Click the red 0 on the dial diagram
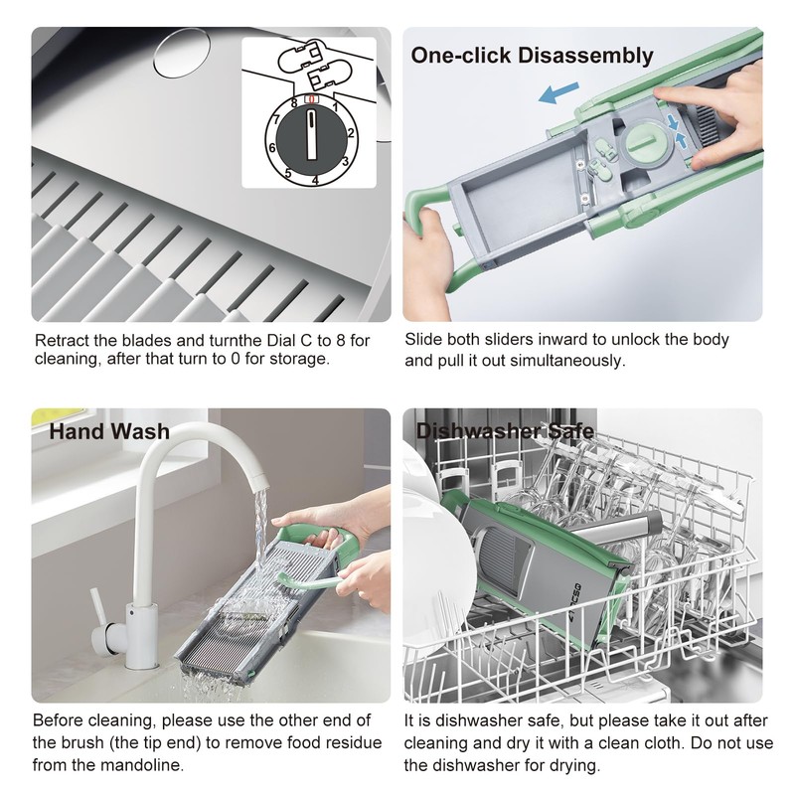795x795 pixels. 311,100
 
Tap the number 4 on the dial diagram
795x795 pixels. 315,181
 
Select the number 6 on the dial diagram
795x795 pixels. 272,148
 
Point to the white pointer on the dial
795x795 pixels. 311,135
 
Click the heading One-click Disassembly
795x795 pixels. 532,56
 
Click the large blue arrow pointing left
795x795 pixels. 558,92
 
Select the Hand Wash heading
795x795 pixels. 109,431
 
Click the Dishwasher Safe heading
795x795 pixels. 505,431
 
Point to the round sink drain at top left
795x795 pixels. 182,53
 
